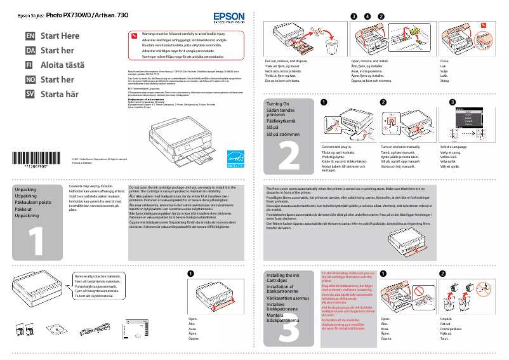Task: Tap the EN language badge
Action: [x=30, y=36]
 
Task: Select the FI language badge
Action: [x=30, y=65]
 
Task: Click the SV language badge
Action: [x=30, y=94]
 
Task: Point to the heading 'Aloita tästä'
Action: [x=62, y=65]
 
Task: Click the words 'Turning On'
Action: [x=277, y=103]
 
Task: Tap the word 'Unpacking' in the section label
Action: [x=25, y=190]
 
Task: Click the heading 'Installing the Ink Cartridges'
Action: [x=282, y=278]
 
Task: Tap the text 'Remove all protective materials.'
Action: [x=97, y=277]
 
